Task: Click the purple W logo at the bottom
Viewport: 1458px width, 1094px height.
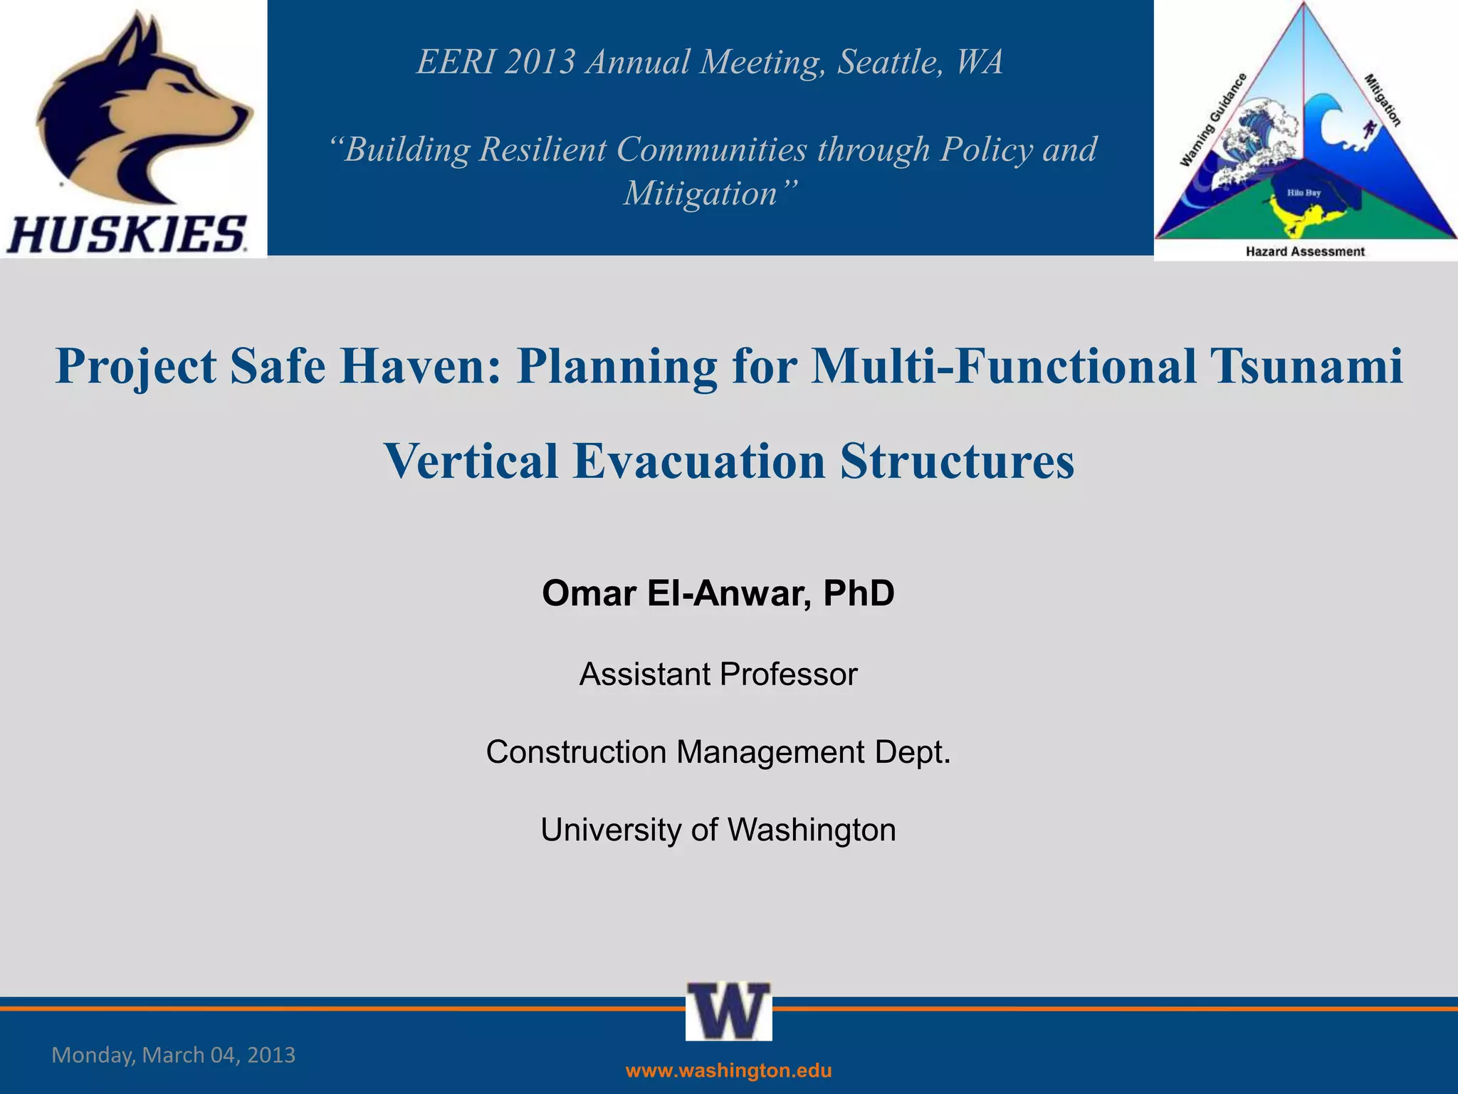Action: (728, 1011)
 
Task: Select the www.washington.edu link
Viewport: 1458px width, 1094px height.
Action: (728, 1070)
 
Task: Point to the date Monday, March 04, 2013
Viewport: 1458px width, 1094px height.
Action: (173, 1055)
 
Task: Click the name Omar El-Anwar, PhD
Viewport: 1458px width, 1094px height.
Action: (718, 593)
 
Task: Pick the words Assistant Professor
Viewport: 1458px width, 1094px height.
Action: (718, 674)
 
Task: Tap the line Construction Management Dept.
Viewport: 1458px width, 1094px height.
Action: (718, 752)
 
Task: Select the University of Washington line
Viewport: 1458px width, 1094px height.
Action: (718, 830)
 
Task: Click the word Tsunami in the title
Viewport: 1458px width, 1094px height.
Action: (1308, 366)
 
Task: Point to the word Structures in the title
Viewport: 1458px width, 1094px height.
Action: (957, 461)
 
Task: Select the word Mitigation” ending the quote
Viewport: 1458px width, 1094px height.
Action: (710, 193)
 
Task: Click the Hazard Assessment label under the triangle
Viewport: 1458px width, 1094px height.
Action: (1305, 251)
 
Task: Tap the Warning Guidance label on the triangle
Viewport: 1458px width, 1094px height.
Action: (1212, 120)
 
